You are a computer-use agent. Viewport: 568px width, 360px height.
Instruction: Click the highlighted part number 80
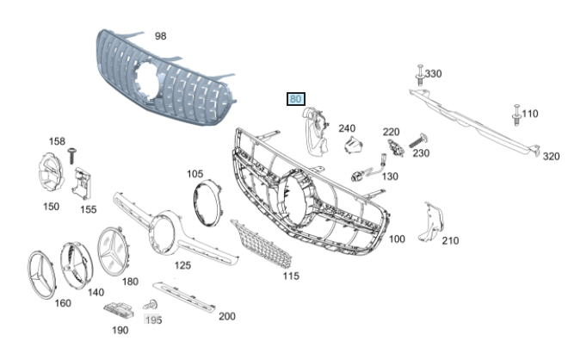pos(295,99)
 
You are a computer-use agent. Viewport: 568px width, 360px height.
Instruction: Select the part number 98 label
pos(160,36)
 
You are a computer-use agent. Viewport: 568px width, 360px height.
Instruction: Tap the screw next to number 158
pos(71,155)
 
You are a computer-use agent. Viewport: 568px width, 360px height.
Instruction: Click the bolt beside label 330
pos(420,75)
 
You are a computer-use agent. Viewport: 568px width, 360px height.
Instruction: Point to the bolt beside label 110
pos(516,115)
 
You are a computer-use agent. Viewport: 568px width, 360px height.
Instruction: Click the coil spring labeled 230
pos(418,140)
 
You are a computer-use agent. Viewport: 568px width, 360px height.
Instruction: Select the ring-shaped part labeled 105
pos(207,202)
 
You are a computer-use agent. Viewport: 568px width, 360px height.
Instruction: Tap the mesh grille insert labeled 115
pos(262,244)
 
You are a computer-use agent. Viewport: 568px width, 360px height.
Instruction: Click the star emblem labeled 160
pos(41,275)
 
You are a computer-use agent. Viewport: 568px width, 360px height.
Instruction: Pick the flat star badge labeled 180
pos(114,251)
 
